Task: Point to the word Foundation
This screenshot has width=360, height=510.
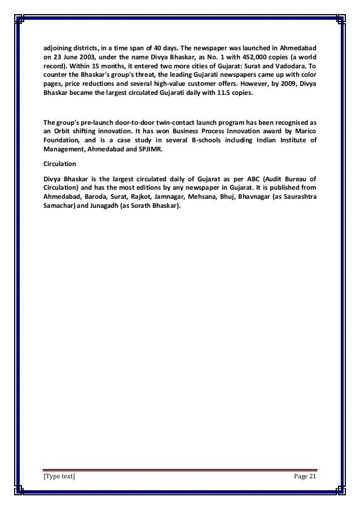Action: click(63, 138)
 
